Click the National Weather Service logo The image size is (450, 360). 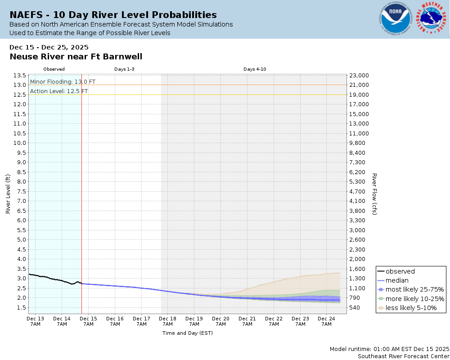432,19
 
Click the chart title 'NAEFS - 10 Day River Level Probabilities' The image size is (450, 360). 113,15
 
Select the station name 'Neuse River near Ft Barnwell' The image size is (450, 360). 76,57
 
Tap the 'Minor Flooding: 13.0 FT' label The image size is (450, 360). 63,82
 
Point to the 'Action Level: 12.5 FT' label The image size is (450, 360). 59,91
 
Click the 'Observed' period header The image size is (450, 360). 54,69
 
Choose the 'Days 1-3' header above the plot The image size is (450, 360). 124,69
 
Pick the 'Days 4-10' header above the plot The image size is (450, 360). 255,69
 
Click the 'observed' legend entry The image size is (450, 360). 400,271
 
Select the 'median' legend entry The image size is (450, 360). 397,280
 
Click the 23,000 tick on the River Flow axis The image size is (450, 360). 359,76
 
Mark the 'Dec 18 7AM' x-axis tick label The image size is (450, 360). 167,321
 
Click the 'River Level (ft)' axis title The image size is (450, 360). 8,194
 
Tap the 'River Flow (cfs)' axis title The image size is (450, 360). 374,194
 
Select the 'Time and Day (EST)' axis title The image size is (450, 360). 187,333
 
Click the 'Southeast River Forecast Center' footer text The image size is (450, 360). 403,356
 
